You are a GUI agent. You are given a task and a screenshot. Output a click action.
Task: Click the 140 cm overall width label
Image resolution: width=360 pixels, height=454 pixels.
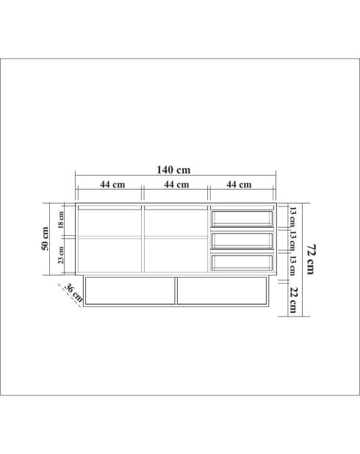(174, 170)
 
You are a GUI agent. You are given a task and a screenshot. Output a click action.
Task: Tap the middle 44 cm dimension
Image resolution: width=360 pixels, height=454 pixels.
(176, 184)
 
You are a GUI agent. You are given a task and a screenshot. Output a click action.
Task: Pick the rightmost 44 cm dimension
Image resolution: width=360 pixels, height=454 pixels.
(240, 184)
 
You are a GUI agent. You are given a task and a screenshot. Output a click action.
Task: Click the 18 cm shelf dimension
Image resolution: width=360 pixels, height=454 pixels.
(62, 220)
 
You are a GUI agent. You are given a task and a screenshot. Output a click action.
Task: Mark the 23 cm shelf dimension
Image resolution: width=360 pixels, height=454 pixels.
(62, 254)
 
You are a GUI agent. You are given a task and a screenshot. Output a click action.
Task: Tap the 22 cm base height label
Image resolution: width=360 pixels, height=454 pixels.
(292, 300)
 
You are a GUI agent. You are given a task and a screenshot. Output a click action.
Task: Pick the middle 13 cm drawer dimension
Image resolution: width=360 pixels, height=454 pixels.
(292, 239)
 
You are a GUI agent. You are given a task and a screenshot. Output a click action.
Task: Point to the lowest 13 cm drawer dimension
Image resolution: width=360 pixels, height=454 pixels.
(292, 264)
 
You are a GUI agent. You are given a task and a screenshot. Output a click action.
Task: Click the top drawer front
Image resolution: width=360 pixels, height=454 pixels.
(242, 218)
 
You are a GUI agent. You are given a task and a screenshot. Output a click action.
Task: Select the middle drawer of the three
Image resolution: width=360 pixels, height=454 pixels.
(242, 240)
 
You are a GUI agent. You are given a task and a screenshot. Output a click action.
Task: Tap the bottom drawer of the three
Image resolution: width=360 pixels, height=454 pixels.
(242, 262)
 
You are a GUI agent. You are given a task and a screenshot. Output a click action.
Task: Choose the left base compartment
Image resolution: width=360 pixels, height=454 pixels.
(131, 290)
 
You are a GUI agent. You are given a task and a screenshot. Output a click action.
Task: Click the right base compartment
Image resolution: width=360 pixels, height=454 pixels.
(223, 290)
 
